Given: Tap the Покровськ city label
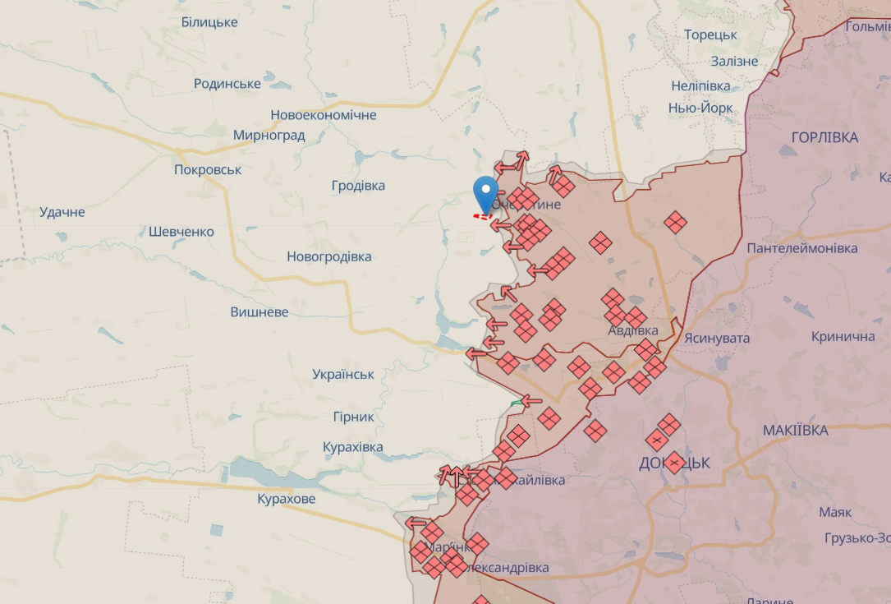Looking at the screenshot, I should pos(208,170).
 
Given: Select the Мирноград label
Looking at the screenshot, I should pos(269,136).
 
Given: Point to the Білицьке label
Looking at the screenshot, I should pos(209,22).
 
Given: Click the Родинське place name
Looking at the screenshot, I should pos(227,84).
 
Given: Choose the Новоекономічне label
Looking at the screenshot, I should pos(324,115).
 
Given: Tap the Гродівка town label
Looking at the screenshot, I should pos(358,186).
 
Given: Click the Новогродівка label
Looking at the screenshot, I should pos(328,256).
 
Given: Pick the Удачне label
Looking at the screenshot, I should pos(62,212).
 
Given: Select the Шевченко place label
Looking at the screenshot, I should pos(181,232).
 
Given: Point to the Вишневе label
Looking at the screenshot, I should pos(259,312).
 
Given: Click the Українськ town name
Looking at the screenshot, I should pos(343,375).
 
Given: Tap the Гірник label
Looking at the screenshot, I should pos(354,417).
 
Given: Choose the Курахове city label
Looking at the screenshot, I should pos(286,499).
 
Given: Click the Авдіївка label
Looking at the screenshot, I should pos(632,330).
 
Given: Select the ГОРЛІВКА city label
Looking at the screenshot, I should pos(824,137).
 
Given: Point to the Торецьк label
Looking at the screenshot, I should pos(710,35).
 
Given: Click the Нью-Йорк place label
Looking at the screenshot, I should pos(700,108).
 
